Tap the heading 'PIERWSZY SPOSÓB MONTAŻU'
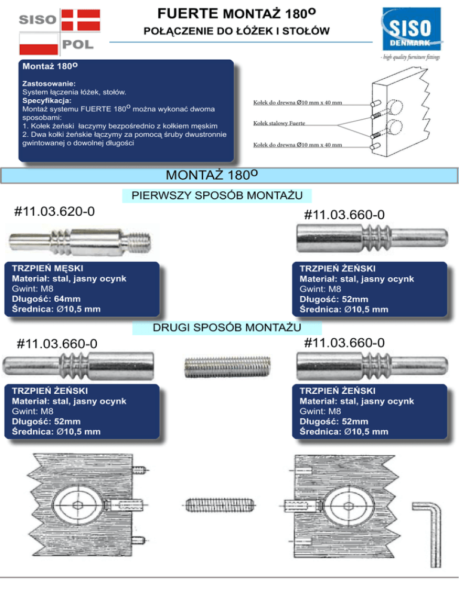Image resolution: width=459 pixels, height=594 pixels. pyautogui.click(x=216, y=196)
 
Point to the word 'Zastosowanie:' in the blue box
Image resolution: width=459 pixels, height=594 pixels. pyautogui.click(x=49, y=84)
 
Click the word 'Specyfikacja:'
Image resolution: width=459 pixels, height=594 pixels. pyautogui.click(x=48, y=101)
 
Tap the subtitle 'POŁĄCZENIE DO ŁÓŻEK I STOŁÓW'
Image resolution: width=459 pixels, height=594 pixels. pyautogui.click(x=238, y=30)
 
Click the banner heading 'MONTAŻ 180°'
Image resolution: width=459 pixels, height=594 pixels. pyautogui.click(x=212, y=176)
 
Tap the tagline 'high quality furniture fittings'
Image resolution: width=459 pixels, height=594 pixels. pyautogui.click(x=410, y=57)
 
